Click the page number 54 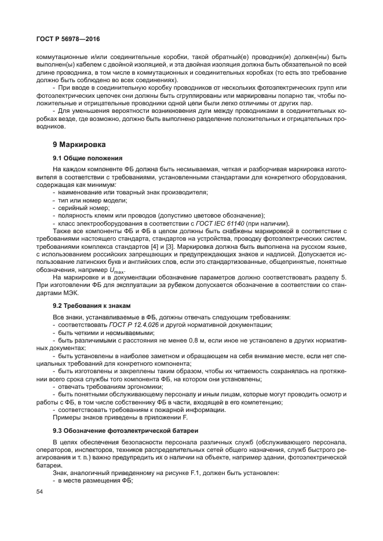[39, 492]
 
